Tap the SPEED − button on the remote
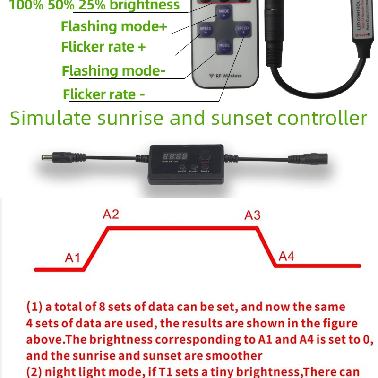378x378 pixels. [x=206, y=30]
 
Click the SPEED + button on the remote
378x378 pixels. [x=242, y=30]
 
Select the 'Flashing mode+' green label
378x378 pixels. [x=114, y=26]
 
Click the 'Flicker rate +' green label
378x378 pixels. [x=103, y=47]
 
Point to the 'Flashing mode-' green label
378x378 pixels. [x=113, y=71]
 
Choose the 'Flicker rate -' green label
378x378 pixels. [x=103, y=94]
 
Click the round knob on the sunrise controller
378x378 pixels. [x=205, y=155]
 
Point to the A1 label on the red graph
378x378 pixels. [x=73, y=258]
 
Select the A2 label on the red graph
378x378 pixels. [x=111, y=215]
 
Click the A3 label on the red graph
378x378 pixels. [x=252, y=215]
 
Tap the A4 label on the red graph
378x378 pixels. [x=286, y=256]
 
